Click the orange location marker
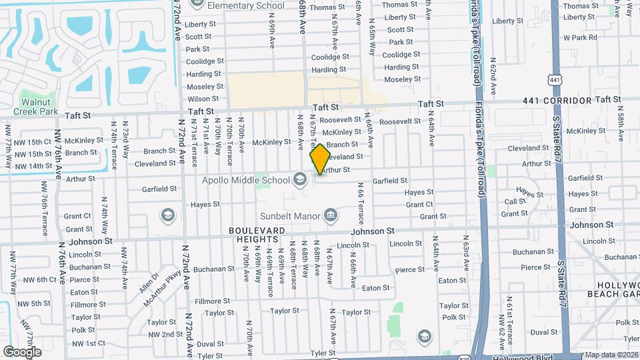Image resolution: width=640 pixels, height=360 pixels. click(321, 159)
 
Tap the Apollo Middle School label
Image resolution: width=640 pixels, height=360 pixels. click(247, 180)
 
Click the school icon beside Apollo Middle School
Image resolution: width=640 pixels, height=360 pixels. click(300, 179)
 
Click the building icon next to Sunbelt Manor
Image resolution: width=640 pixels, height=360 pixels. click(329, 215)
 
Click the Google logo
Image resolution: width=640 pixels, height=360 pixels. click(22, 351)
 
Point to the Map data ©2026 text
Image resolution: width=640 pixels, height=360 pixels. click(611, 355)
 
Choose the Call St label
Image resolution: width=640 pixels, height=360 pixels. click(515, 201)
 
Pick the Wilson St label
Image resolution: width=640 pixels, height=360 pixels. click(203, 99)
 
